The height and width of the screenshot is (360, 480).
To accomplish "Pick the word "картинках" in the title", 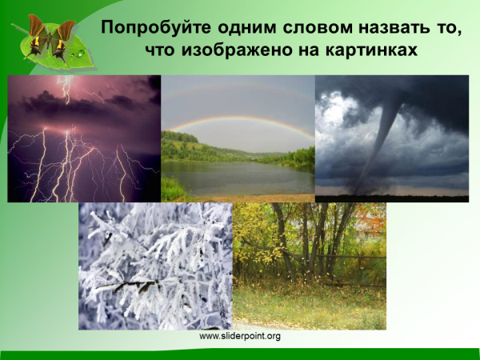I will (377, 50).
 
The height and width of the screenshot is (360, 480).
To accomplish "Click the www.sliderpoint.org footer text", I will (240, 336).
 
